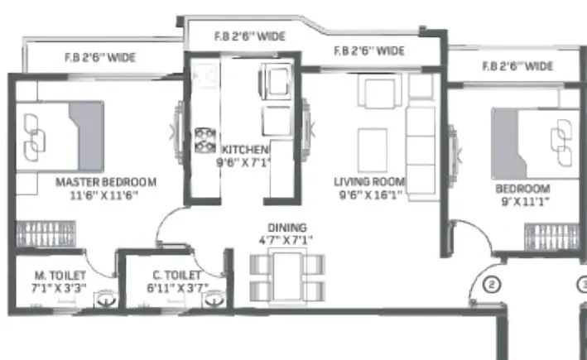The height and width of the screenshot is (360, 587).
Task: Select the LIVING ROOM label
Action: [369, 181]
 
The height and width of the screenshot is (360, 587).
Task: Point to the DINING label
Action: [286, 228]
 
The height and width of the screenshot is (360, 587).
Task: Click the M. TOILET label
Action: [57, 276]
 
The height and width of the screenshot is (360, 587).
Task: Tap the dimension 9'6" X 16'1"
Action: [369, 195]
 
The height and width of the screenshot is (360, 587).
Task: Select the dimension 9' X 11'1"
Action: [522, 201]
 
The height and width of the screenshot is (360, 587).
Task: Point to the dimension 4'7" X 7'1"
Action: [286, 241]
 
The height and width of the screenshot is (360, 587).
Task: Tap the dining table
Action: [286, 276]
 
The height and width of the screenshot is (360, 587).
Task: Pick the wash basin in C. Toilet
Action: [215, 300]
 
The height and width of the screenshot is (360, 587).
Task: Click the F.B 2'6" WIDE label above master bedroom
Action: [101, 58]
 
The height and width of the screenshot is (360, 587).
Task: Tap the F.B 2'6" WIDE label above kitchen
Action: [249, 36]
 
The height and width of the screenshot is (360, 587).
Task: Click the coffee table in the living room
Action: [372, 147]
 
